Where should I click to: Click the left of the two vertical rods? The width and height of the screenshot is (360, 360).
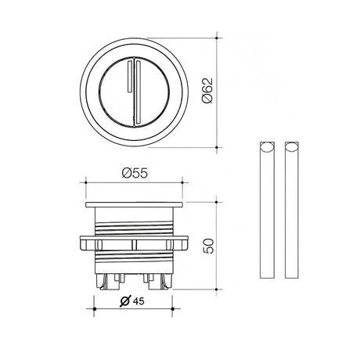[x=266, y=211]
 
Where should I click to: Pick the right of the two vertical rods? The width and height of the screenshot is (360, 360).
[x=293, y=211]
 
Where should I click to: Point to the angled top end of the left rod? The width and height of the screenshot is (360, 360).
[x=266, y=146]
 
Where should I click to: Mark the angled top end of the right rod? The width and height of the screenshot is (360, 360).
[x=293, y=146]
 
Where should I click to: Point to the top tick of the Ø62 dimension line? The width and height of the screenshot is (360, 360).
[x=216, y=36]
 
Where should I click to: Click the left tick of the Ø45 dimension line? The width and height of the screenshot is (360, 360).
[x=96, y=310]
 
